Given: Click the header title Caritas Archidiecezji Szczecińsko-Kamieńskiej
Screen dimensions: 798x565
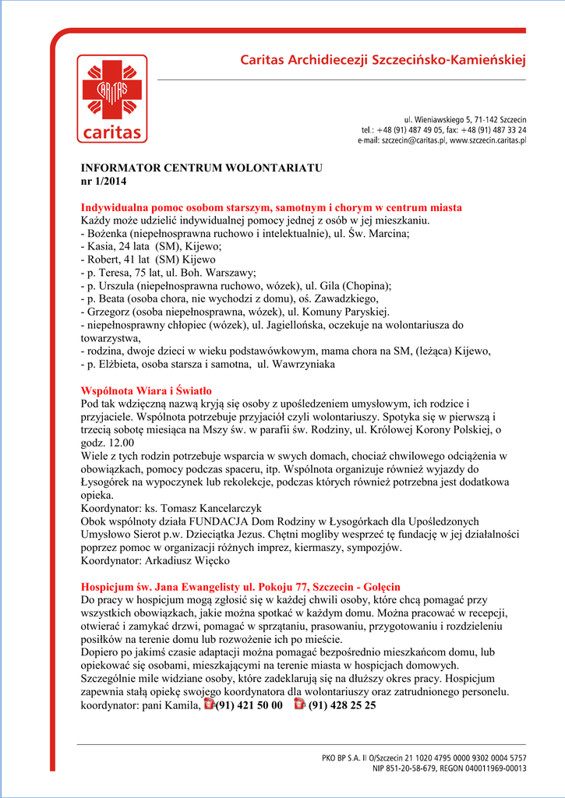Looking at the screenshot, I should [x=383, y=60].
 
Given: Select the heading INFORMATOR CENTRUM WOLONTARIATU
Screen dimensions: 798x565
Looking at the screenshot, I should [x=201, y=168].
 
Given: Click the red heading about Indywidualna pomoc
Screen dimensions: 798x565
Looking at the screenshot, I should [x=271, y=207].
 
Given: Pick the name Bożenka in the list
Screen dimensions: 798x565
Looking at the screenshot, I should [x=107, y=233].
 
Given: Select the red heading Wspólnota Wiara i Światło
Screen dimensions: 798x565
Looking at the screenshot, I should [x=147, y=390].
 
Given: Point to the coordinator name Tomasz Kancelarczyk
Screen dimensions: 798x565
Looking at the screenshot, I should [x=211, y=507].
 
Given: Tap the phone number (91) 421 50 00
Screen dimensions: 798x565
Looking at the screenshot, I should [x=249, y=705].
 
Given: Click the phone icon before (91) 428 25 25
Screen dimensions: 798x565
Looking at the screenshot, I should [x=298, y=704].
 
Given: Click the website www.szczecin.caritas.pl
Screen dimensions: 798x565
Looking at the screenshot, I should [x=488, y=141].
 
